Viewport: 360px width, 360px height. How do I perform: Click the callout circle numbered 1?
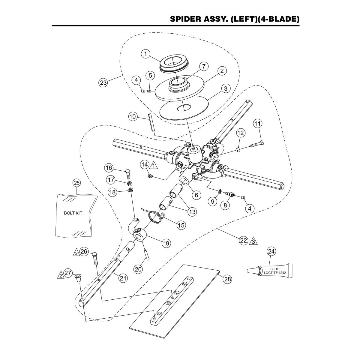point(145,54)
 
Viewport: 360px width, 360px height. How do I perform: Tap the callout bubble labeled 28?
point(227,279)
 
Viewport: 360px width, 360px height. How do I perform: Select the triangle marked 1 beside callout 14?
point(154,165)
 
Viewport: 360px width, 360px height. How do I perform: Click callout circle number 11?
point(257,123)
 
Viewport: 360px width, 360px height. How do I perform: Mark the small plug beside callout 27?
point(77,277)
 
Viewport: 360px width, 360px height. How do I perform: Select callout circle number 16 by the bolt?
point(109,167)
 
